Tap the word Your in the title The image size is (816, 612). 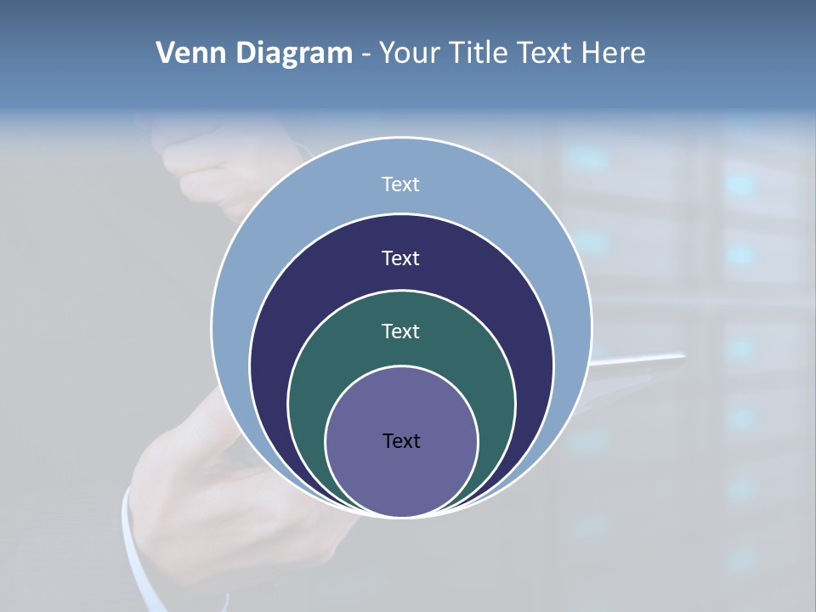pyautogui.click(x=409, y=53)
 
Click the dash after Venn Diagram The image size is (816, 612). pyautogui.click(x=365, y=54)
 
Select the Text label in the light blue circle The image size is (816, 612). pyautogui.click(x=400, y=184)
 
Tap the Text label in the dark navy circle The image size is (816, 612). pyautogui.click(x=400, y=258)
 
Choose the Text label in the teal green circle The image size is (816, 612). pyautogui.click(x=400, y=331)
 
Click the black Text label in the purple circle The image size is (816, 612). pyautogui.click(x=401, y=440)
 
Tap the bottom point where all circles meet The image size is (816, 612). pyautogui.click(x=401, y=516)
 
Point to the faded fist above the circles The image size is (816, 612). pyautogui.click(x=204, y=170)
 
